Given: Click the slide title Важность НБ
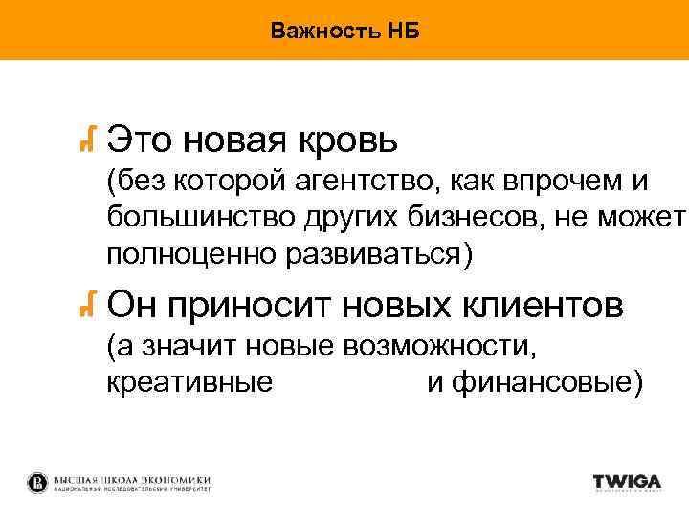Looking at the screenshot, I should pyautogui.click(x=344, y=31).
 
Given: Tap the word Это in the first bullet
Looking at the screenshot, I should pyautogui.click(x=139, y=141).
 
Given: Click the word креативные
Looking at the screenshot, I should pyautogui.click(x=190, y=382).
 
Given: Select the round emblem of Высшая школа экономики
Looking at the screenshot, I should pyautogui.click(x=36, y=482).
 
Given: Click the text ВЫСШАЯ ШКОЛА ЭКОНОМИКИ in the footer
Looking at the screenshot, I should pyautogui.click(x=133, y=478).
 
